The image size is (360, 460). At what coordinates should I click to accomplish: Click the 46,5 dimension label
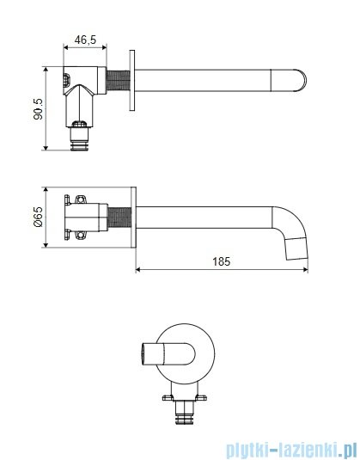85,40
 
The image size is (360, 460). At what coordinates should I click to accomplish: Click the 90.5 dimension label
38,109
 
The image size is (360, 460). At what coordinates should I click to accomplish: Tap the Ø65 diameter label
38,217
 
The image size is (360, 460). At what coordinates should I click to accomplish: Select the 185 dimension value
222,261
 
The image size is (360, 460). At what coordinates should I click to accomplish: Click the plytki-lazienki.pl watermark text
292,449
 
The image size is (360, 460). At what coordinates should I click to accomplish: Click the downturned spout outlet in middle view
297,249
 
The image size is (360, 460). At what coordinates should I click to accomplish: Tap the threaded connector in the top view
118,80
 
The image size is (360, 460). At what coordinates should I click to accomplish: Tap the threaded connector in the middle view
119,218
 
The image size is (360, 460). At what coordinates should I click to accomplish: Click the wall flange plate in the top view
132,80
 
